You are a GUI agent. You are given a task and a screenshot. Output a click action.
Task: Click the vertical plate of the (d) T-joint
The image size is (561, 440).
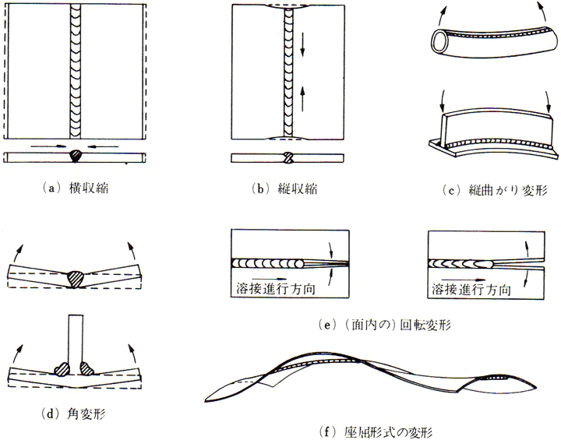click(x=76, y=336)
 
